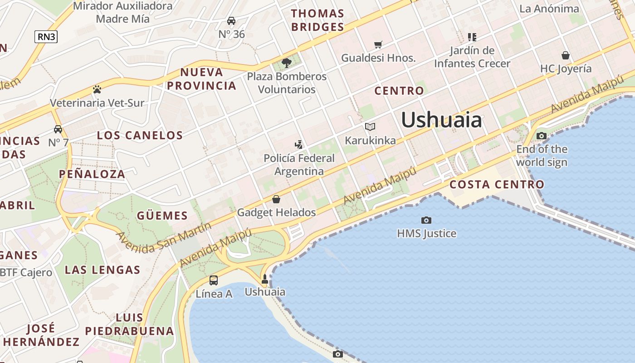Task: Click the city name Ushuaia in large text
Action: coord(441,120)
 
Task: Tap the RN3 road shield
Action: coord(46,37)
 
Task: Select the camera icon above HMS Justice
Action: coord(426,221)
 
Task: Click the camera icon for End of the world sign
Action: coord(541,136)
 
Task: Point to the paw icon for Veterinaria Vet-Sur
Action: coord(97,89)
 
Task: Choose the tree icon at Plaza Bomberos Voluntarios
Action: coord(286,63)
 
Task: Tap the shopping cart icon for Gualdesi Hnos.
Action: coord(378,44)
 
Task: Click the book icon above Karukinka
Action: coord(370,127)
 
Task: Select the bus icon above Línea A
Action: coord(214,280)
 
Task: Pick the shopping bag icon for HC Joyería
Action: coord(566,55)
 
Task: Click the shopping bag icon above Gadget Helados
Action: coord(276,199)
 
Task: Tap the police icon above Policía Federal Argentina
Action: coord(298,145)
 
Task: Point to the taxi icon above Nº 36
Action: coord(231,21)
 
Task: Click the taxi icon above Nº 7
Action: coord(58,129)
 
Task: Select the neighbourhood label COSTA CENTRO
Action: coord(497,185)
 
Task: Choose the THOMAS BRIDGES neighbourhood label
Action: coord(317,20)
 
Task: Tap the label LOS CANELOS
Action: coord(140,135)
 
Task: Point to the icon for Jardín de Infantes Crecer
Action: coord(472,37)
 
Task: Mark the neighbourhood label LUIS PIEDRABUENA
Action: coord(129,324)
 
